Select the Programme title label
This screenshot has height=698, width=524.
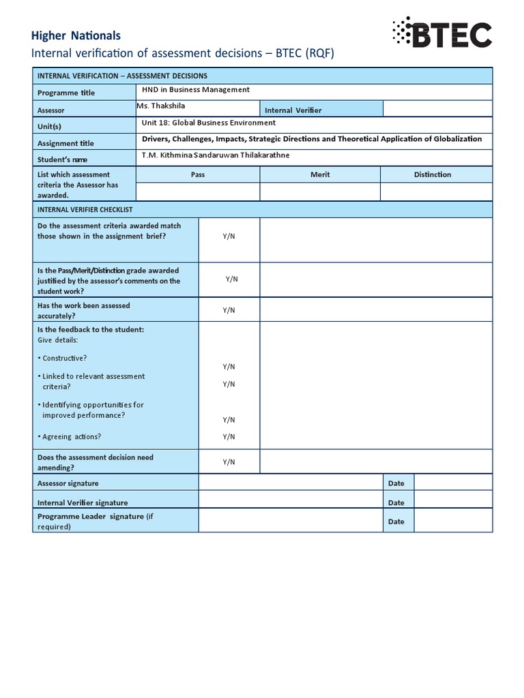pos(66,93)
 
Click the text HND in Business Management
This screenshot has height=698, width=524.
pos(195,90)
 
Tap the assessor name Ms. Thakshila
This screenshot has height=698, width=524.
pos(161,106)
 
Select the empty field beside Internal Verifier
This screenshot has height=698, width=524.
pos(437,109)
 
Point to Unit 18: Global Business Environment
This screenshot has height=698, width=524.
pos(208,123)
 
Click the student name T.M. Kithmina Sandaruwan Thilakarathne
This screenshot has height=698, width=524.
pos(216,155)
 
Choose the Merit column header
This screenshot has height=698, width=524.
pos(320,174)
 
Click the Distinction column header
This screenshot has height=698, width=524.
pos(433,174)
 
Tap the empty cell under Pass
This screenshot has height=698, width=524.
pos(198,192)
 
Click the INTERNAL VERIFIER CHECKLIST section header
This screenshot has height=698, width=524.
pos(85,210)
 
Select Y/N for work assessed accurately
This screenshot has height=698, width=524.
pos(229,310)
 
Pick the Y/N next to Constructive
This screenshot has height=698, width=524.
pos(229,367)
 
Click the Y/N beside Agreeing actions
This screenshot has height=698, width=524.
pos(229,437)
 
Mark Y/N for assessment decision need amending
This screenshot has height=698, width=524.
pos(229,462)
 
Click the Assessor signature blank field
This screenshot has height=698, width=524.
pos(290,483)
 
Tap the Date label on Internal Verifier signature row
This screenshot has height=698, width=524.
pos(396,503)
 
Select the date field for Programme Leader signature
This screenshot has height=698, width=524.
pos(452,521)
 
